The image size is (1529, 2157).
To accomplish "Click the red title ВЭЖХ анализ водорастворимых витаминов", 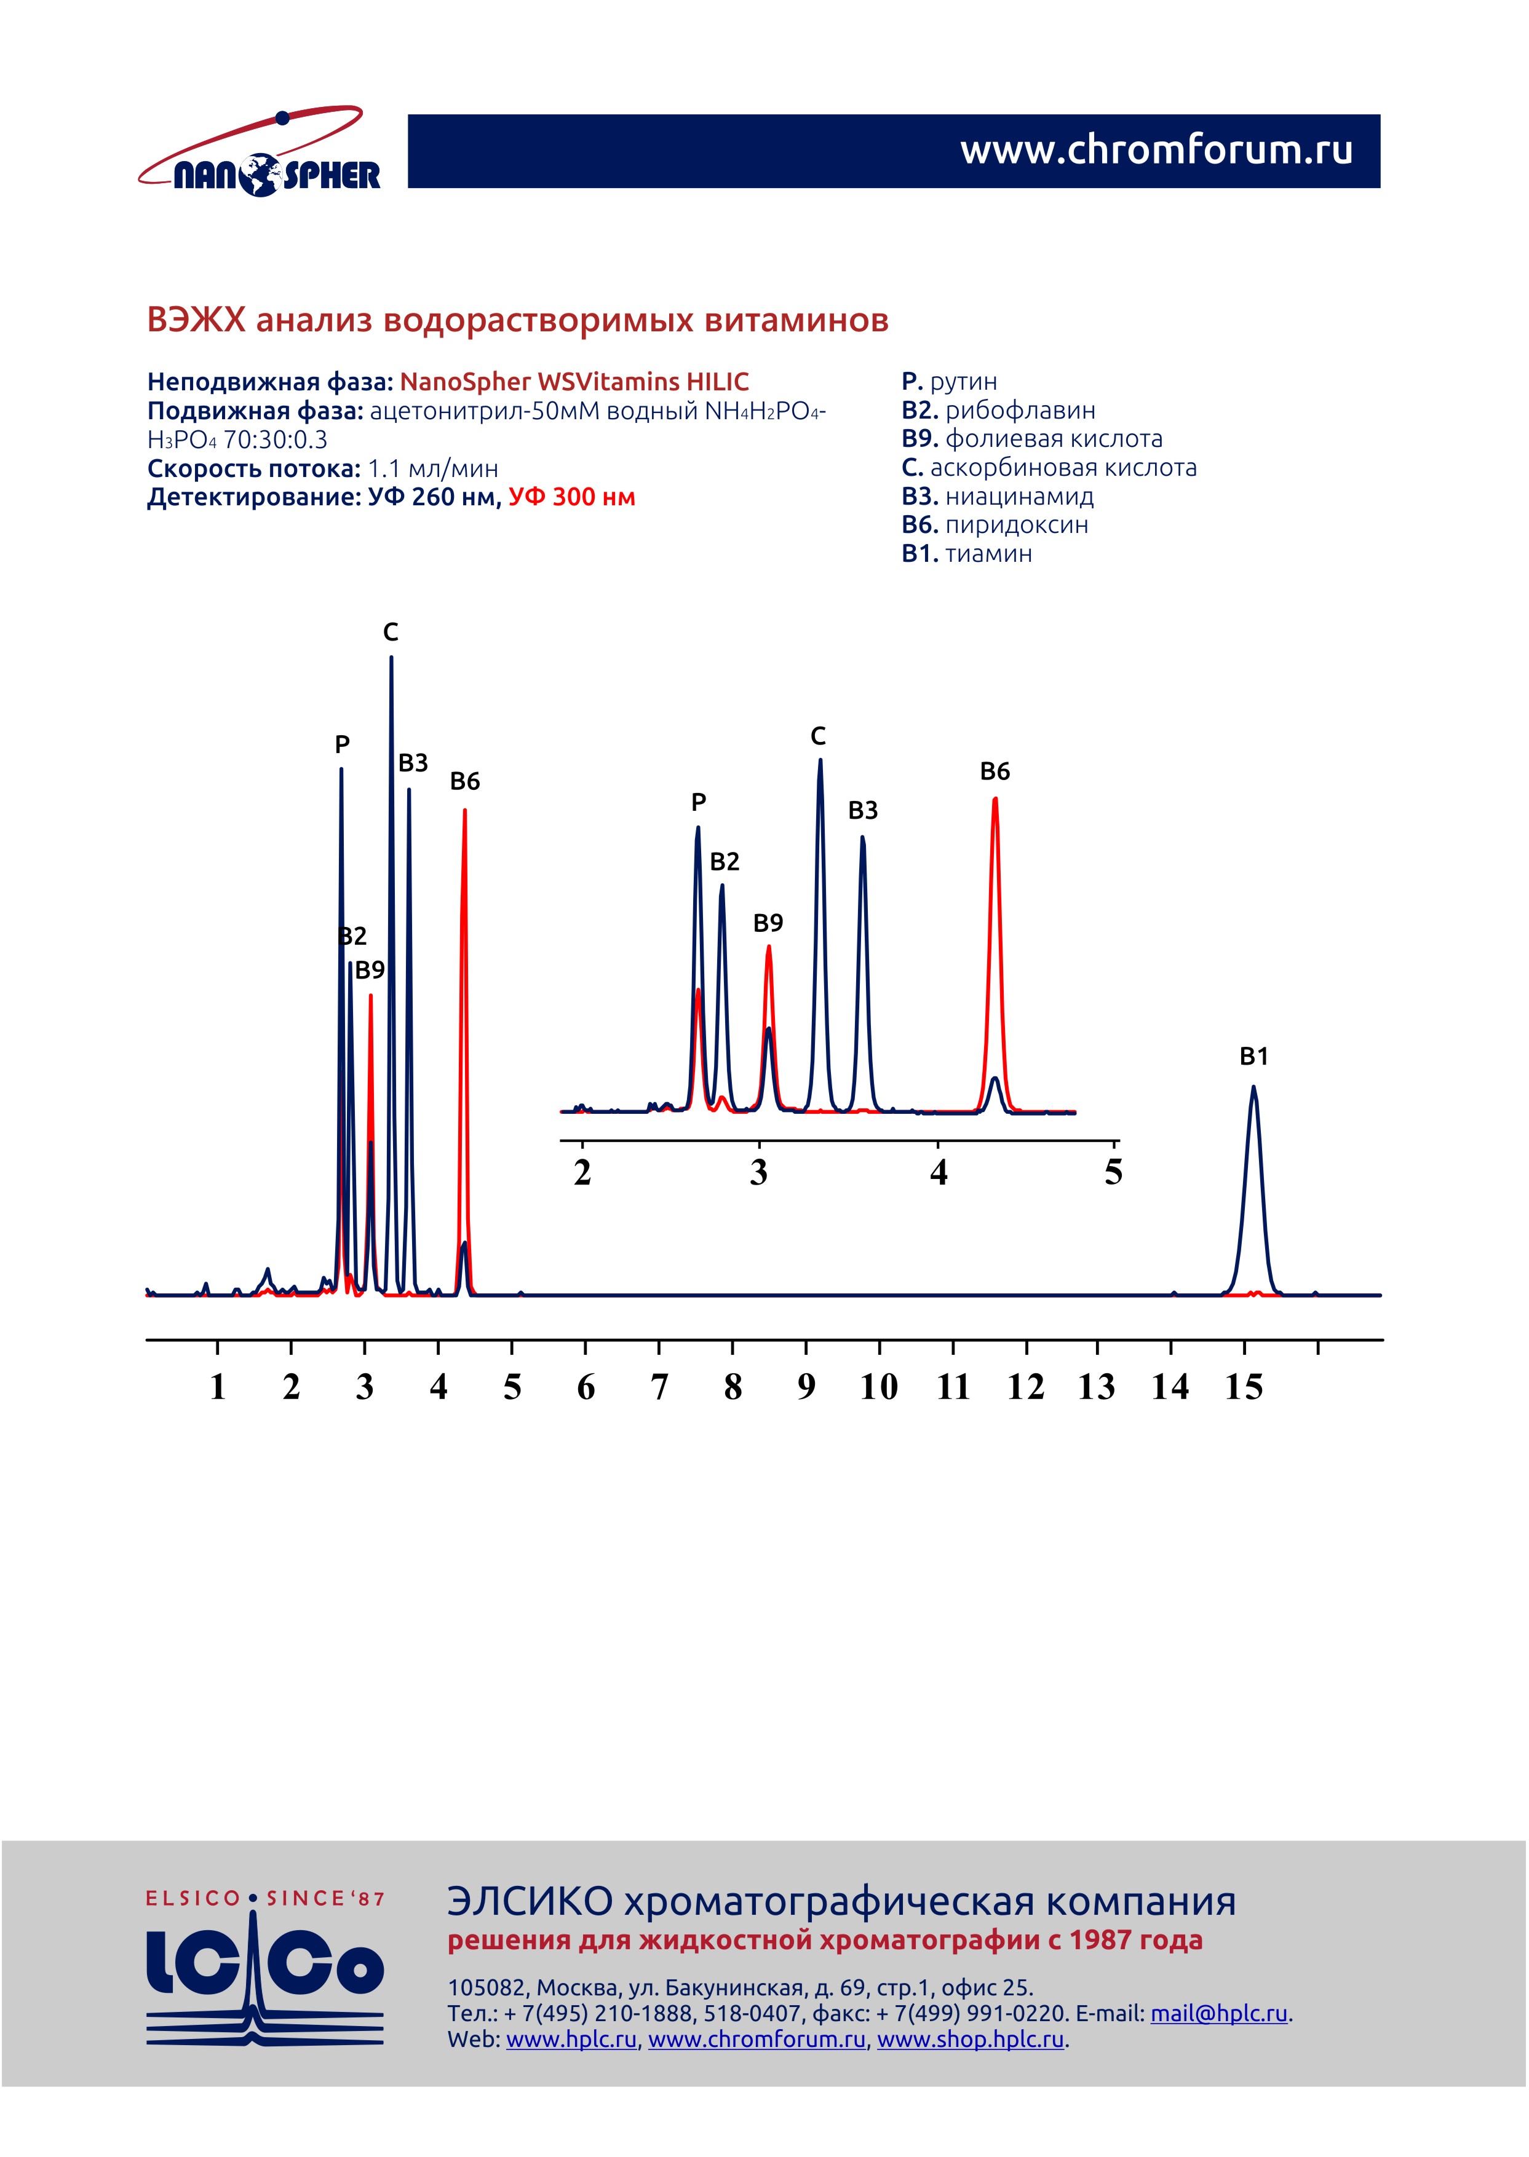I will [517, 321].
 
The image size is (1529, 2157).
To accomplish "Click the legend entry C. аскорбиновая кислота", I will [1048, 468].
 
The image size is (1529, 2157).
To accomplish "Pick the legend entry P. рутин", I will [948, 381].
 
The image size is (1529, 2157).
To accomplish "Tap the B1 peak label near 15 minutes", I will [1253, 1056].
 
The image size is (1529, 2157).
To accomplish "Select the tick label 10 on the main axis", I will [878, 1387].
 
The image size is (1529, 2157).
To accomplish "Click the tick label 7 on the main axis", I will [659, 1387].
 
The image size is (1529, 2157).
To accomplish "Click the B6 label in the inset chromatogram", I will [995, 771].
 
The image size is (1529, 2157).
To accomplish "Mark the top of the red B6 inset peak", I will [995, 800].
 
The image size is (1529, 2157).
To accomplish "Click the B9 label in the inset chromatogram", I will [768, 923].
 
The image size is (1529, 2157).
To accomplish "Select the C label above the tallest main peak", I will [391, 633].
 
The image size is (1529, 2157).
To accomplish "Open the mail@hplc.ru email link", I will [1218, 2014].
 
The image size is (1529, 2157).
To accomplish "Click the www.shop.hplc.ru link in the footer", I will [970, 2040].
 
